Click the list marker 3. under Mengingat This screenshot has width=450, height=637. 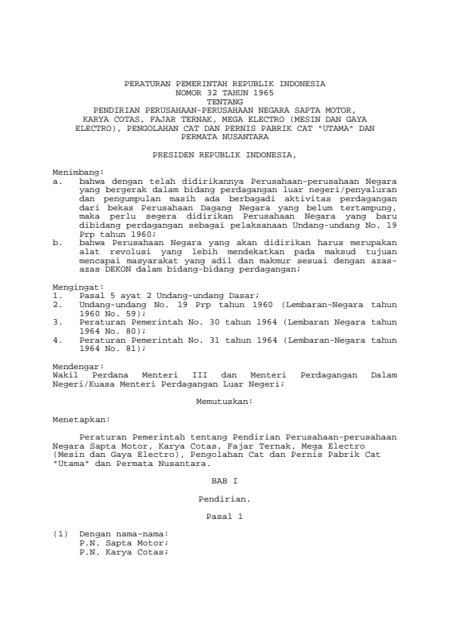point(57,321)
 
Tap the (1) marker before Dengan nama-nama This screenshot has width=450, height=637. point(60,534)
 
